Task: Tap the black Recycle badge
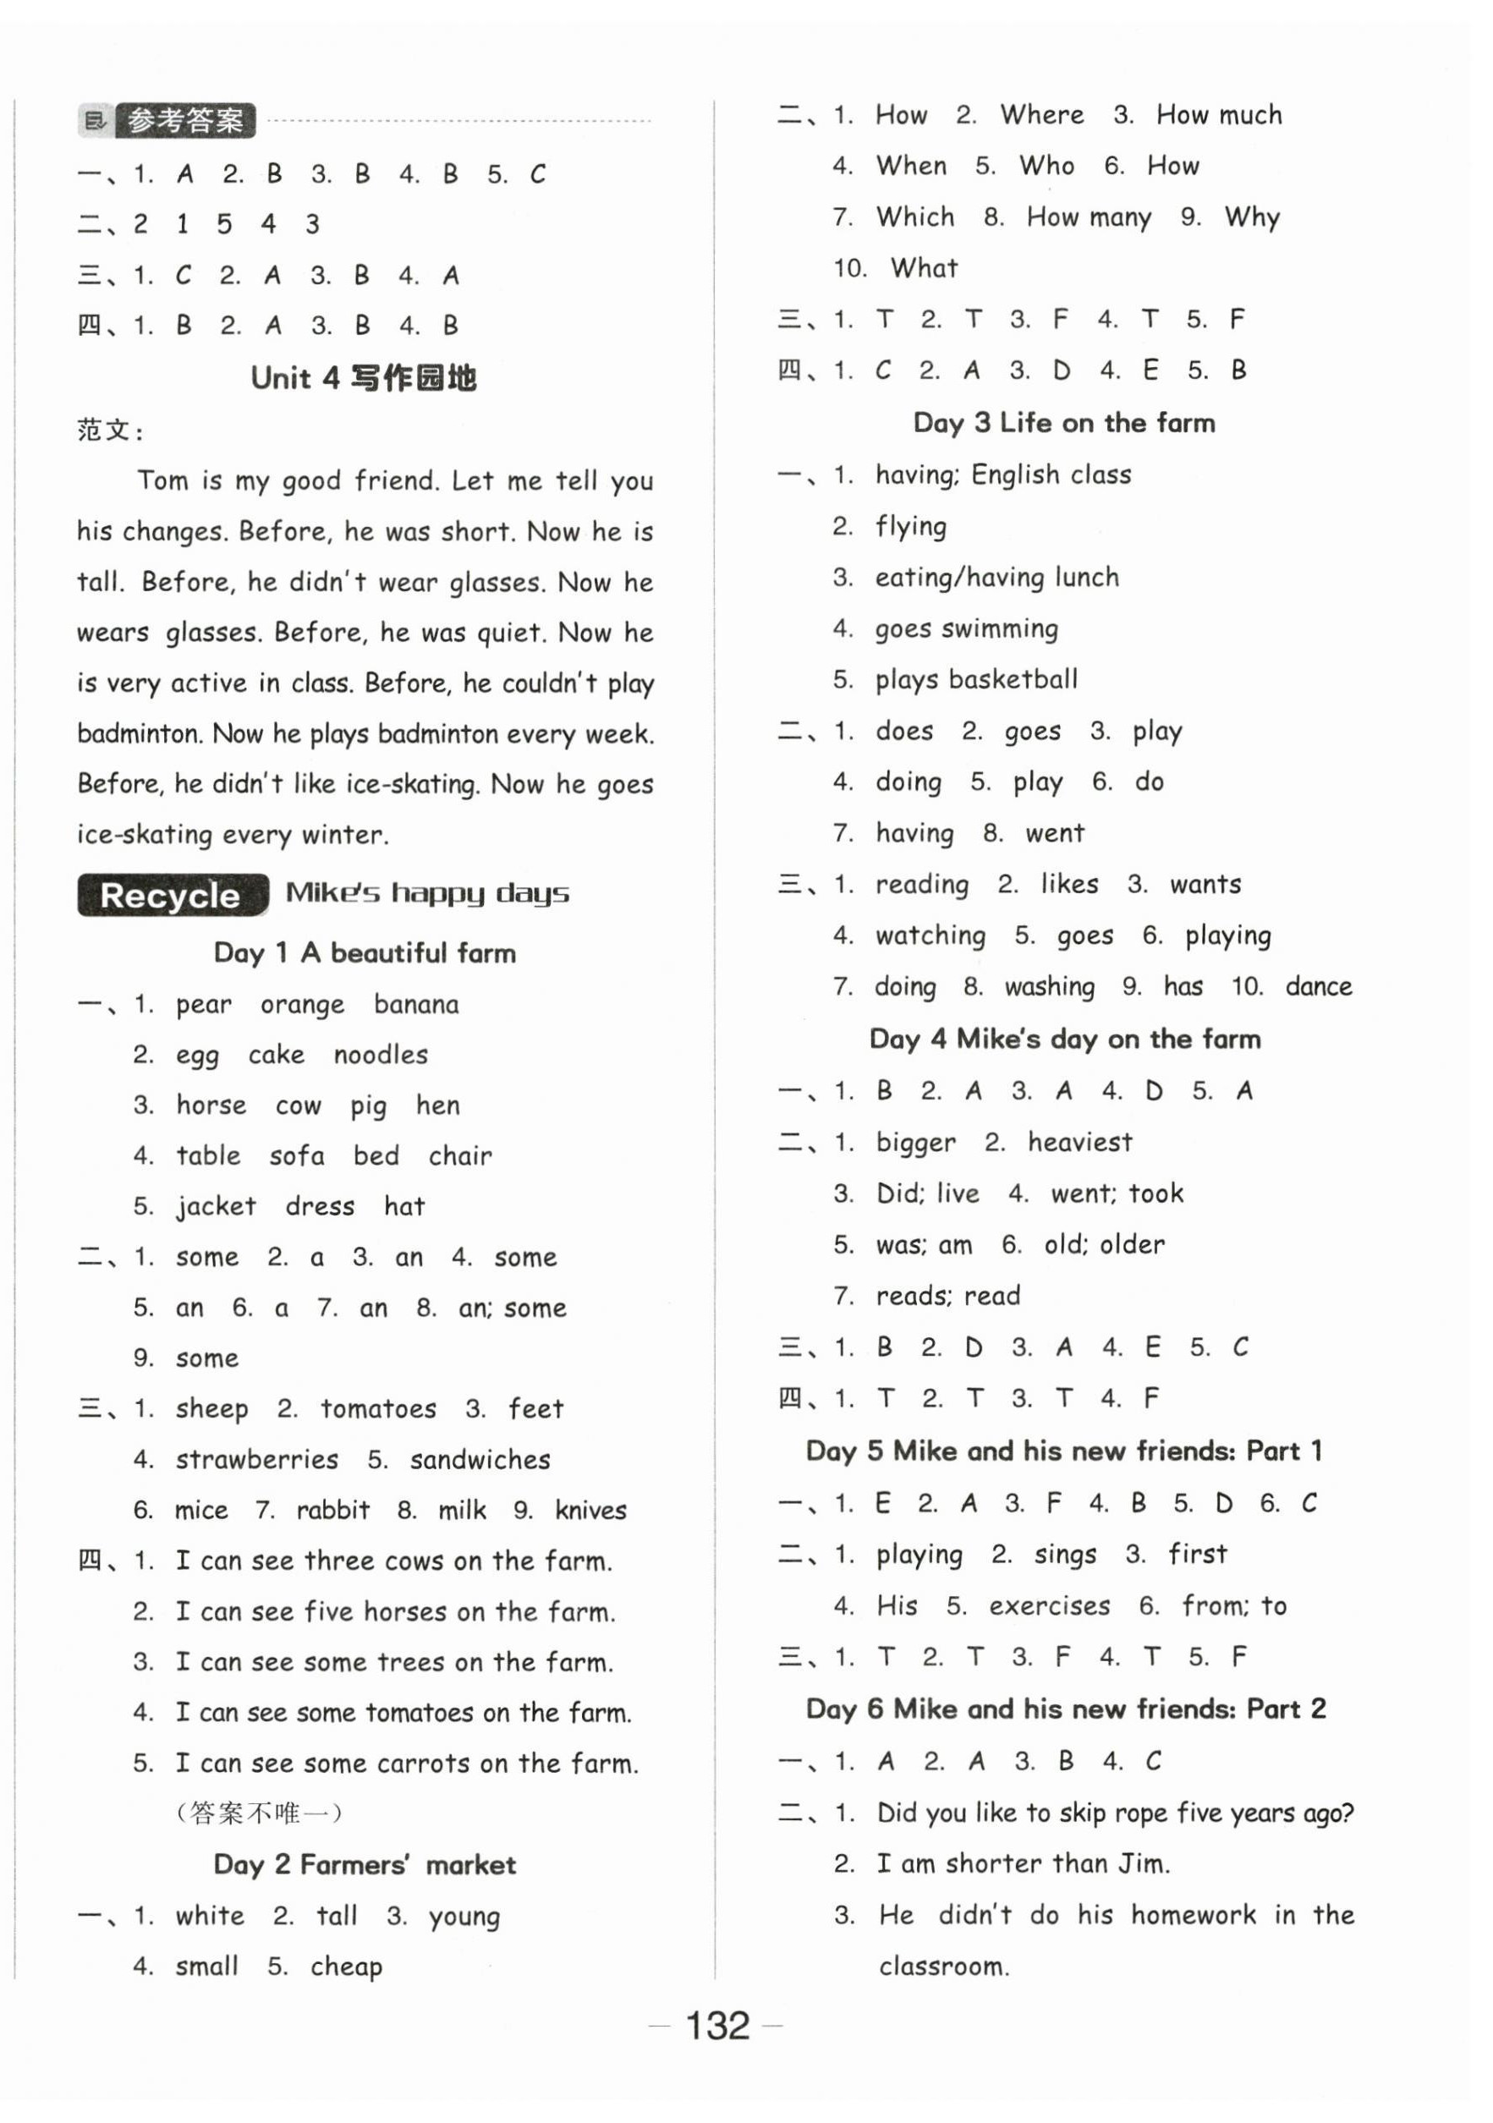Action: pos(173,894)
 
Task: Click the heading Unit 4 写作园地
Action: pos(364,377)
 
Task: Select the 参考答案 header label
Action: pos(185,120)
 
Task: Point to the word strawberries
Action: pos(257,1459)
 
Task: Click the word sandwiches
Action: pos(480,1459)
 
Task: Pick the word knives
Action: pos(590,1510)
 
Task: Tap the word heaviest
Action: pos(1079,1142)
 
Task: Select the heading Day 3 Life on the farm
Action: pos(1063,423)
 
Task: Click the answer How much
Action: pos(1218,115)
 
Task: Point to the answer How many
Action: pos(1088,217)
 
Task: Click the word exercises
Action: pos(1049,1605)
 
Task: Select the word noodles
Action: pos(381,1055)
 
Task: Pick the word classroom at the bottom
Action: pos(942,1966)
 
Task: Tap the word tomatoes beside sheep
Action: pos(378,1408)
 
